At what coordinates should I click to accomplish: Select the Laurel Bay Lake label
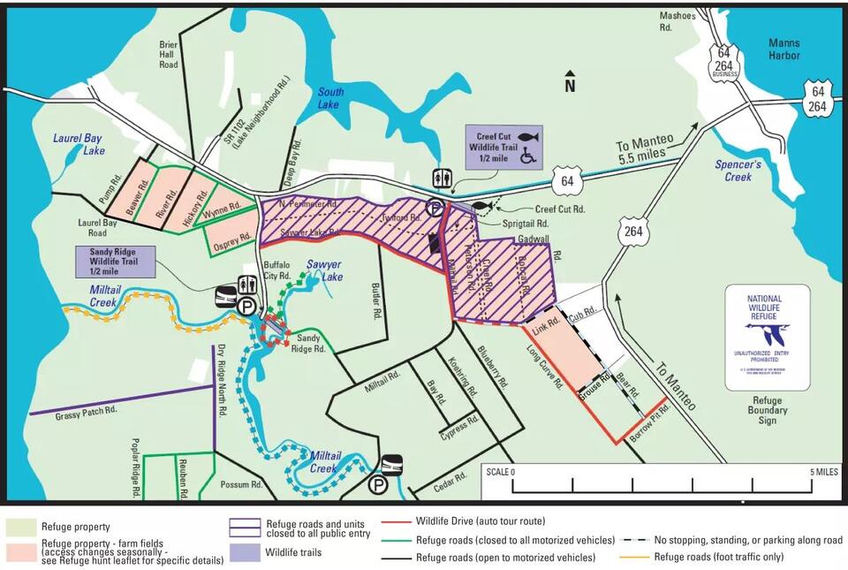pos(79,145)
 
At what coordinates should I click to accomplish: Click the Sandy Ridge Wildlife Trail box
pos(116,261)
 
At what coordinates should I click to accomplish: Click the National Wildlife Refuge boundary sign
pos(767,338)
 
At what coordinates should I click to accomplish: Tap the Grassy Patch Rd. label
pos(86,411)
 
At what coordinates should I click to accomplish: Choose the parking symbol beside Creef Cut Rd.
pos(435,209)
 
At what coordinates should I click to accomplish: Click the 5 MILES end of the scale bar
pos(823,472)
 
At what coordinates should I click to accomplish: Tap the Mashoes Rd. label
pos(678,20)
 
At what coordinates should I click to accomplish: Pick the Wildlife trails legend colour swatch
pos(242,553)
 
